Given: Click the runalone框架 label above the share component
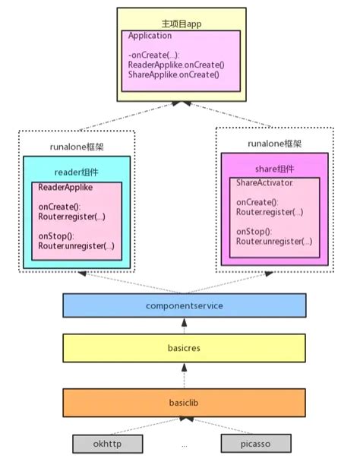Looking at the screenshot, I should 273,143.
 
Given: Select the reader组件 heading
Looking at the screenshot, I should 77,172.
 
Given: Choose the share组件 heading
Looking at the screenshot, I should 275,169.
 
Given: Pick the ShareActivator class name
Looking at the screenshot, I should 264,183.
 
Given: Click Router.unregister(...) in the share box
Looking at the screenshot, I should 274,241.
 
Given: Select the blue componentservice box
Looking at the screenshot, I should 184,305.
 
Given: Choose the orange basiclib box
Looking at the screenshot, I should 184,401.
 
